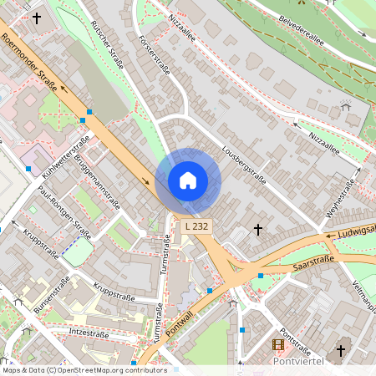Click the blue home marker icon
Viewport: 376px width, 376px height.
(188, 180)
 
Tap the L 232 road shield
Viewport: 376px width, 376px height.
(197, 226)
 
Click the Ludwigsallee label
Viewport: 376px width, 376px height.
(355, 231)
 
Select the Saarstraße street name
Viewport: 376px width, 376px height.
(313, 263)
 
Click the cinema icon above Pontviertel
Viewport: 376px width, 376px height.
(278, 344)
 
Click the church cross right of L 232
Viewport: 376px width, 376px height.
(258, 228)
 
